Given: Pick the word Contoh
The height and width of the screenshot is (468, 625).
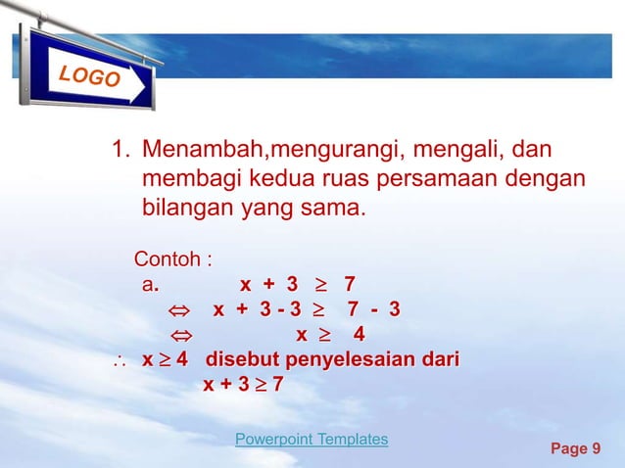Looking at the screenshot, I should pyautogui.click(x=168, y=260).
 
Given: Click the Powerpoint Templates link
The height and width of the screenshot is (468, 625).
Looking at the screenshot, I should pyautogui.click(x=312, y=440).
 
